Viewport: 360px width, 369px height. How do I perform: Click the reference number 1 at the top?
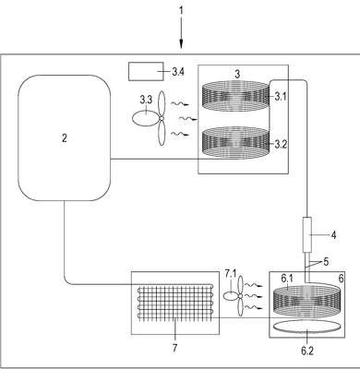pyautogui.click(x=181, y=10)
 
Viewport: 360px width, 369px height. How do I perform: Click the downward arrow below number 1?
pyautogui.click(x=181, y=32)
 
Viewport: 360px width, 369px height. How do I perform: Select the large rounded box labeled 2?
pyautogui.click(x=65, y=137)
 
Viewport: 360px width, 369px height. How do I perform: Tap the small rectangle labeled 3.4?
pyautogui.click(x=146, y=72)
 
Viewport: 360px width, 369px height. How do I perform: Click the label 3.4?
pyautogui.click(x=178, y=72)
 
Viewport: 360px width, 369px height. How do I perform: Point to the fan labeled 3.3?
pyautogui.click(x=150, y=118)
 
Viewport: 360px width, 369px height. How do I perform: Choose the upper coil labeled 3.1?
pyautogui.click(x=235, y=96)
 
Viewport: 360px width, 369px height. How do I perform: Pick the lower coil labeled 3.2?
pyautogui.click(x=235, y=143)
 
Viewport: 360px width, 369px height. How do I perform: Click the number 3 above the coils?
pyautogui.click(x=237, y=74)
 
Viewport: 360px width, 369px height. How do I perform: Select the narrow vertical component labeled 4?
pyautogui.click(x=307, y=234)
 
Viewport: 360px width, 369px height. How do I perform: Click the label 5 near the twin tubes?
pyautogui.click(x=326, y=262)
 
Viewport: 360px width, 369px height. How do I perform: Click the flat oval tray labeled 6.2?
pyautogui.click(x=307, y=327)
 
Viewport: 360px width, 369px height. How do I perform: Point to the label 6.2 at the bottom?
pyautogui.click(x=307, y=351)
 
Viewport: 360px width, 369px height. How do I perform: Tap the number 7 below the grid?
pyautogui.click(x=174, y=348)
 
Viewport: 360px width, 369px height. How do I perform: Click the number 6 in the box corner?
pyautogui.click(x=341, y=279)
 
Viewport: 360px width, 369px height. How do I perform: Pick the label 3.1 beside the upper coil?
pyautogui.click(x=281, y=97)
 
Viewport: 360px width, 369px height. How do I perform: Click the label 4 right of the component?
pyautogui.click(x=333, y=235)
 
